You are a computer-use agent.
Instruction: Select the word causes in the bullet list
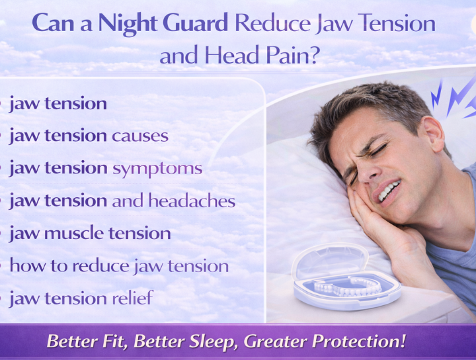pos(140,136)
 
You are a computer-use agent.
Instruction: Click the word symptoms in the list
pos(157,168)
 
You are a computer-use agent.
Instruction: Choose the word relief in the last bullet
pos(132,298)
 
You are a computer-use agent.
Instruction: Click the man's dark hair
pos(370,106)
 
